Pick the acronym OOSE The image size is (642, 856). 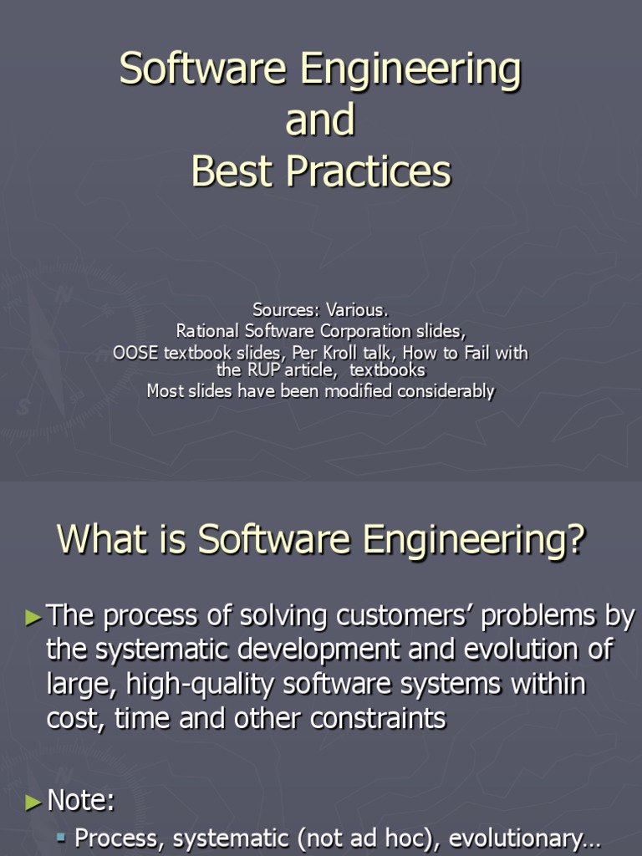tap(135, 353)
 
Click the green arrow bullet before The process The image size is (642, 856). tap(33, 619)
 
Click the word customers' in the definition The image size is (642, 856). tap(398, 617)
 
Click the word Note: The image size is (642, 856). tap(81, 802)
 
